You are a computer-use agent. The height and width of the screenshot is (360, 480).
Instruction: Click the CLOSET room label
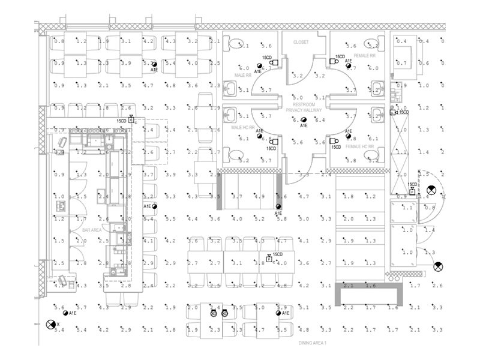(301, 43)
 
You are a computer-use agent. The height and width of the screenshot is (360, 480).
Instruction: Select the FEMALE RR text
(364, 55)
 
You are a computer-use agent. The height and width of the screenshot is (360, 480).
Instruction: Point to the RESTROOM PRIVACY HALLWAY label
(304, 107)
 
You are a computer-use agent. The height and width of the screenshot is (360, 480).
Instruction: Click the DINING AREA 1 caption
(313, 343)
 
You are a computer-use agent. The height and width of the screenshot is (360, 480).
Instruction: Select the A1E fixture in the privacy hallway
(304, 120)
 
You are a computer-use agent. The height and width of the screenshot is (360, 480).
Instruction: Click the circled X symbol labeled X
(50, 324)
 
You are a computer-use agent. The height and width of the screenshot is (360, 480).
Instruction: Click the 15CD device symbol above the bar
(131, 120)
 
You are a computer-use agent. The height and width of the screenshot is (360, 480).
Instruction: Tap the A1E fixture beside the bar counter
(155, 206)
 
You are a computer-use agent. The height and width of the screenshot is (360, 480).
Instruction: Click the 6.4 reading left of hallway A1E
(295, 121)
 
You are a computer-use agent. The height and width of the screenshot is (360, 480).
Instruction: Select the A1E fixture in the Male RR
(259, 65)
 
